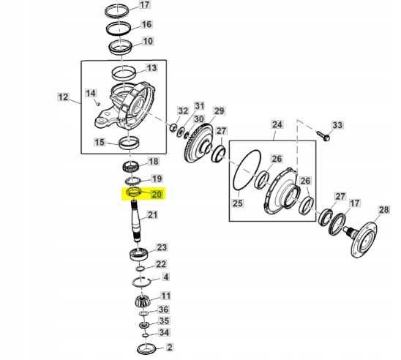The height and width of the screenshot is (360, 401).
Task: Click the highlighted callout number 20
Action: coord(157,195)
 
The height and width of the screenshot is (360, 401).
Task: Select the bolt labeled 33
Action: coord(323,136)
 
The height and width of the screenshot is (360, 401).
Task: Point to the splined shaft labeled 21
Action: coord(136,221)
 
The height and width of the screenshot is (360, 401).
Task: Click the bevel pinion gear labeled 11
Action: coord(142,302)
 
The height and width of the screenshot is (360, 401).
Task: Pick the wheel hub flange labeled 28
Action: coord(363,239)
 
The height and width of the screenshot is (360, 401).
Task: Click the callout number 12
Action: coord(63,97)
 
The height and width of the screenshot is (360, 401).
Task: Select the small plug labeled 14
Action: coord(98,104)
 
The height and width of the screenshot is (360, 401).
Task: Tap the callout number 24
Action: coord(277,125)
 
